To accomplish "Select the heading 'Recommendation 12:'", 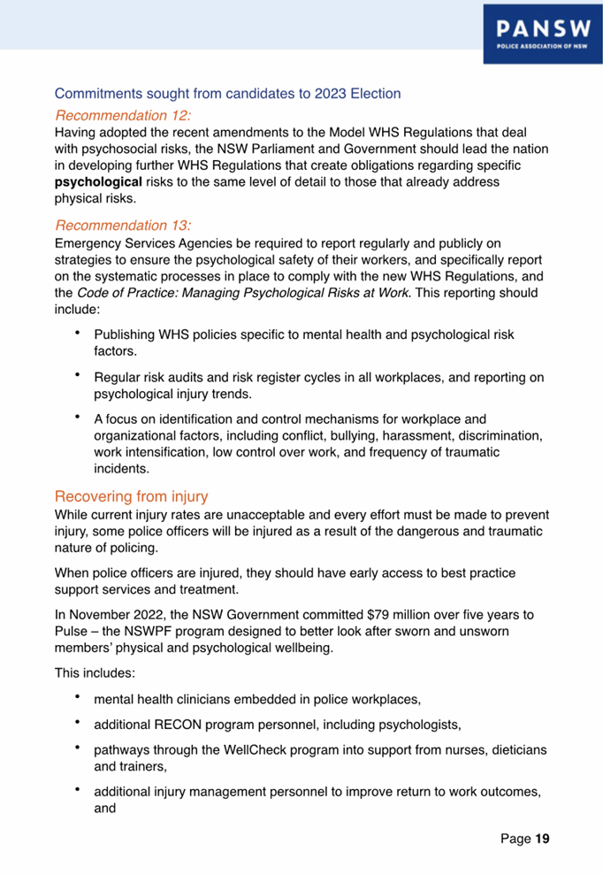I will pyautogui.click(x=123, y=115).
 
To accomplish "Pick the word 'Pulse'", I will pyautogui.click(x=72, y=630).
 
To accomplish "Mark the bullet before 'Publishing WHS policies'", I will pyautogui.click(x=78, y=334).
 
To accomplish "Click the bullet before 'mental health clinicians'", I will pyautogui.click(x=78, y=700).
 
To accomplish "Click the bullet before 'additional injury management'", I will pyautogui.click(x=78, y=792).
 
